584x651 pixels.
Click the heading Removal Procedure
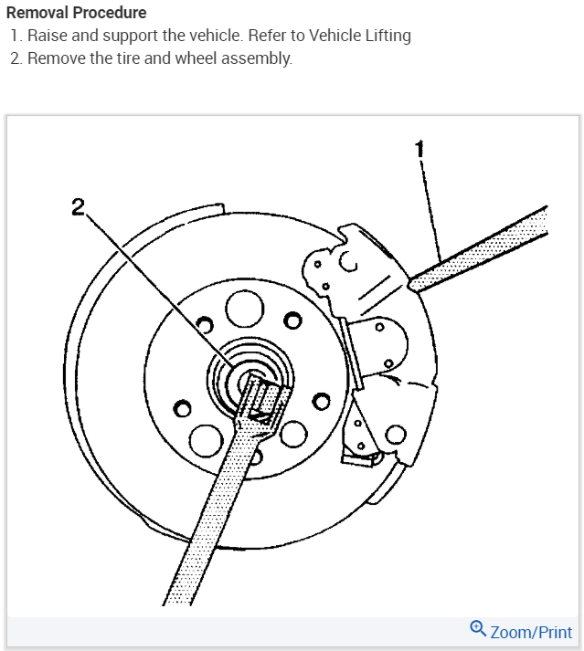pyautogui.click(x=76, y=14)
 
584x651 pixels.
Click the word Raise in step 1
pyautogui.click(x=47, y=36)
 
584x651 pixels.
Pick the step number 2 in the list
pyautogui.click(x=15, y=58)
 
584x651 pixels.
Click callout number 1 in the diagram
pyautogui.click(x=419, y=148)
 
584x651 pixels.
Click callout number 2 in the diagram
pyautogui.click(x=79, y=206)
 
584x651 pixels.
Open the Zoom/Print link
pyautogui.click(x=531, y=632)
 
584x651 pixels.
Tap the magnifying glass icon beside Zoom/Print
pyautogui.click(x=478, y=629)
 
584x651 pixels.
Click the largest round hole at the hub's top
pyautogui.click(x=243, y=310)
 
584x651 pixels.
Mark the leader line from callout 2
pyautogui.click(x=155, y=283)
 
